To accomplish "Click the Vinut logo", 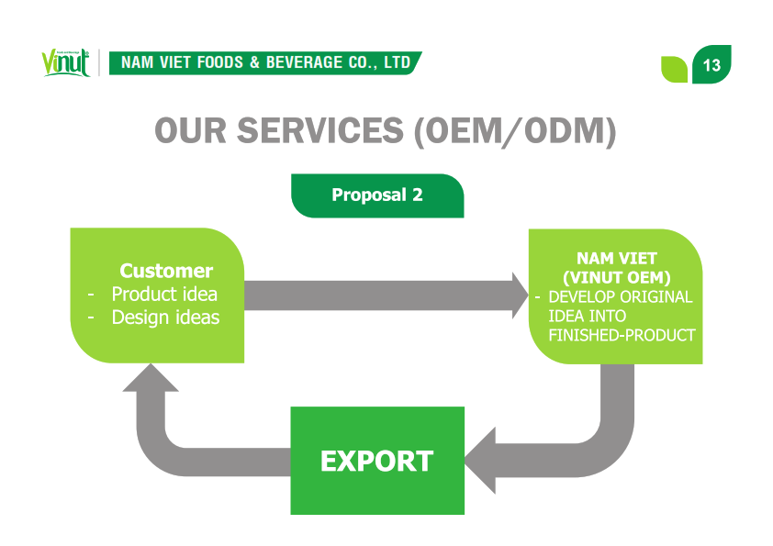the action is pos(65,62).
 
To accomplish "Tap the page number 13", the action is pos(711,65).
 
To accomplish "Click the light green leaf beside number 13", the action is pos(674,70).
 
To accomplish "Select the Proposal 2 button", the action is pos(377,195).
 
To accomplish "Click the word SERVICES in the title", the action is pos(320,130).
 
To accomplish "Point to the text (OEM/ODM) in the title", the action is pos(515,131).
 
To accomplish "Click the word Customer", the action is pos(166,271).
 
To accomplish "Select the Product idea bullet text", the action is pos(164,295).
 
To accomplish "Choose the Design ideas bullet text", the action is pos(165,318).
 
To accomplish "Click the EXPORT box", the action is pos(377,461).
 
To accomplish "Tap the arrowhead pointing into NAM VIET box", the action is pos(521,295).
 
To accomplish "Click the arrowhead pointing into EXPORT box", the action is pos(479,461).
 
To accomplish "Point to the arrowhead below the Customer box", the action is pos(151,378).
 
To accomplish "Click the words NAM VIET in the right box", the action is pos(617,258).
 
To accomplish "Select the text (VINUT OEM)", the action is pos(617,277).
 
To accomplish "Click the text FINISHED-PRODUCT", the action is pos(622,335).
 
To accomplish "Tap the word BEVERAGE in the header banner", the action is pos(304,62).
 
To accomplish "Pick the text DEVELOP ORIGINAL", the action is pos(621,296).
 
